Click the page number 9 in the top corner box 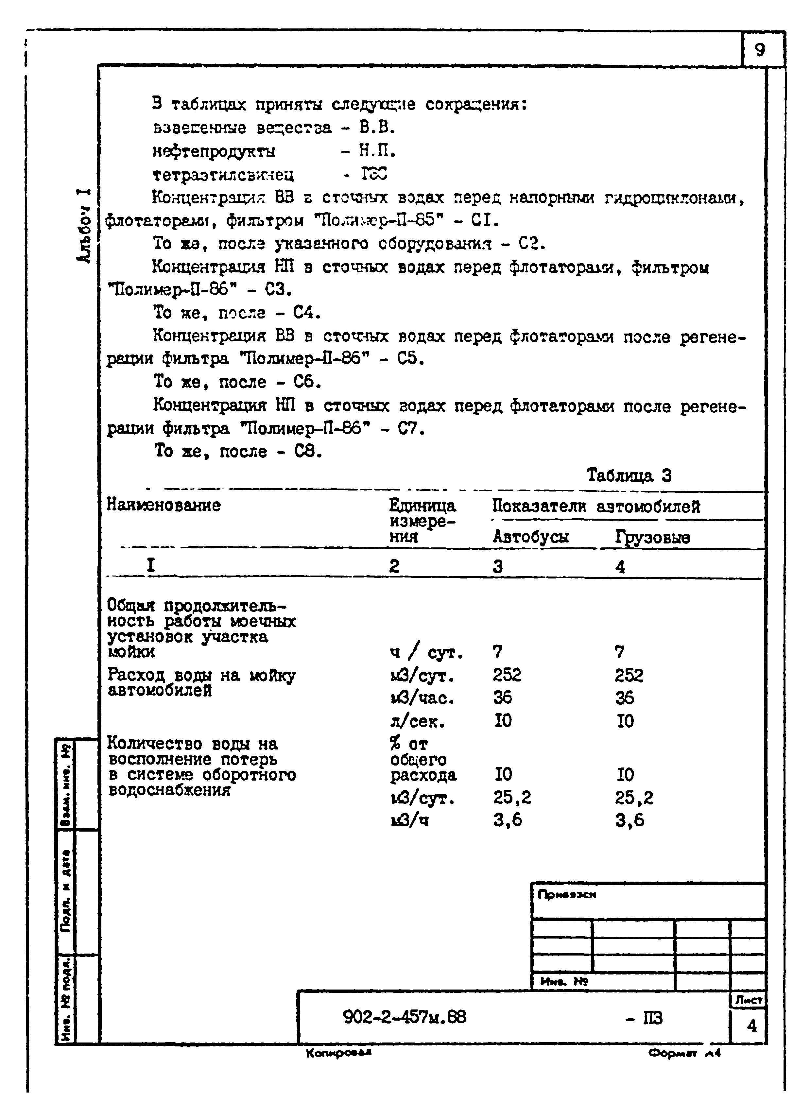pyautogui.click(x=760, y=50)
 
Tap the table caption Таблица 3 pyautogui.click(x=629, y=475)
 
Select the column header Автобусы pyautogui.click(x=530, y=537)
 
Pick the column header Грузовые pyautogui.click(x=652, y=537)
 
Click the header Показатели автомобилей pyautogui.click(x=596, y=507)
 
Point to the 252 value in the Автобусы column pyautogui.click(x=507, y=675)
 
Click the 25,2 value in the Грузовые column pyautogui.click(x=634, y=798)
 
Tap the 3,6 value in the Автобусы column pyautogui.click(x=507, y=820)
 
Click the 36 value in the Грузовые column pyautogui.click(x=624, y=698)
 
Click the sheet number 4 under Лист pyautogui.click(x=751, y=1026)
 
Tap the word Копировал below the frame pyautogui.click(x=338, y=1053)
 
